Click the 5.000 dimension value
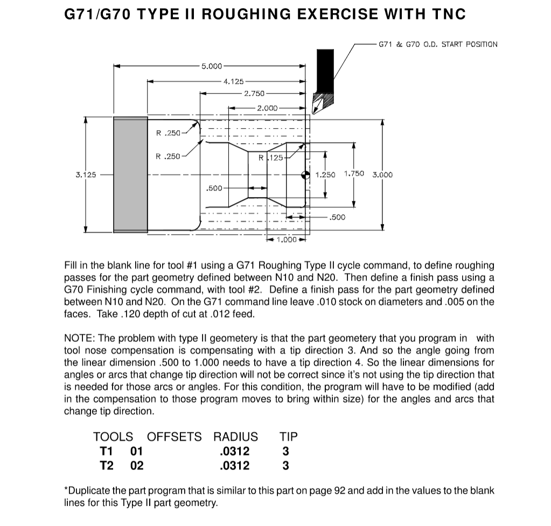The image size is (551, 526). (x=211, y=66)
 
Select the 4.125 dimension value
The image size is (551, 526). (x=233, y=81)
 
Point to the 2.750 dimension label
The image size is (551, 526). (x=254, y=94)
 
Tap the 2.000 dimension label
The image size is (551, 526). (x=267, y=108)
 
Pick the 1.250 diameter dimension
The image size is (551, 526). (x=325, y=175)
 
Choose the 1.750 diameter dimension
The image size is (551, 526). (x=353, y=174)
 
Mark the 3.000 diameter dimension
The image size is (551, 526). (x=382, y=175)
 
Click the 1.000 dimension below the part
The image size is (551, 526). (x=287, y=240)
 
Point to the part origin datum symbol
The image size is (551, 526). (x=305, y=174)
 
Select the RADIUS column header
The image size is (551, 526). (x=235, y=436)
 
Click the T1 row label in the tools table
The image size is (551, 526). (x=107, y=451)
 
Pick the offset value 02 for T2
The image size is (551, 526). (x=137, y=465)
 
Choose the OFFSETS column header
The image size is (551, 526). (x=175, y=436)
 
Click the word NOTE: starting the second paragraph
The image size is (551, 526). (x=80, y=338)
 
